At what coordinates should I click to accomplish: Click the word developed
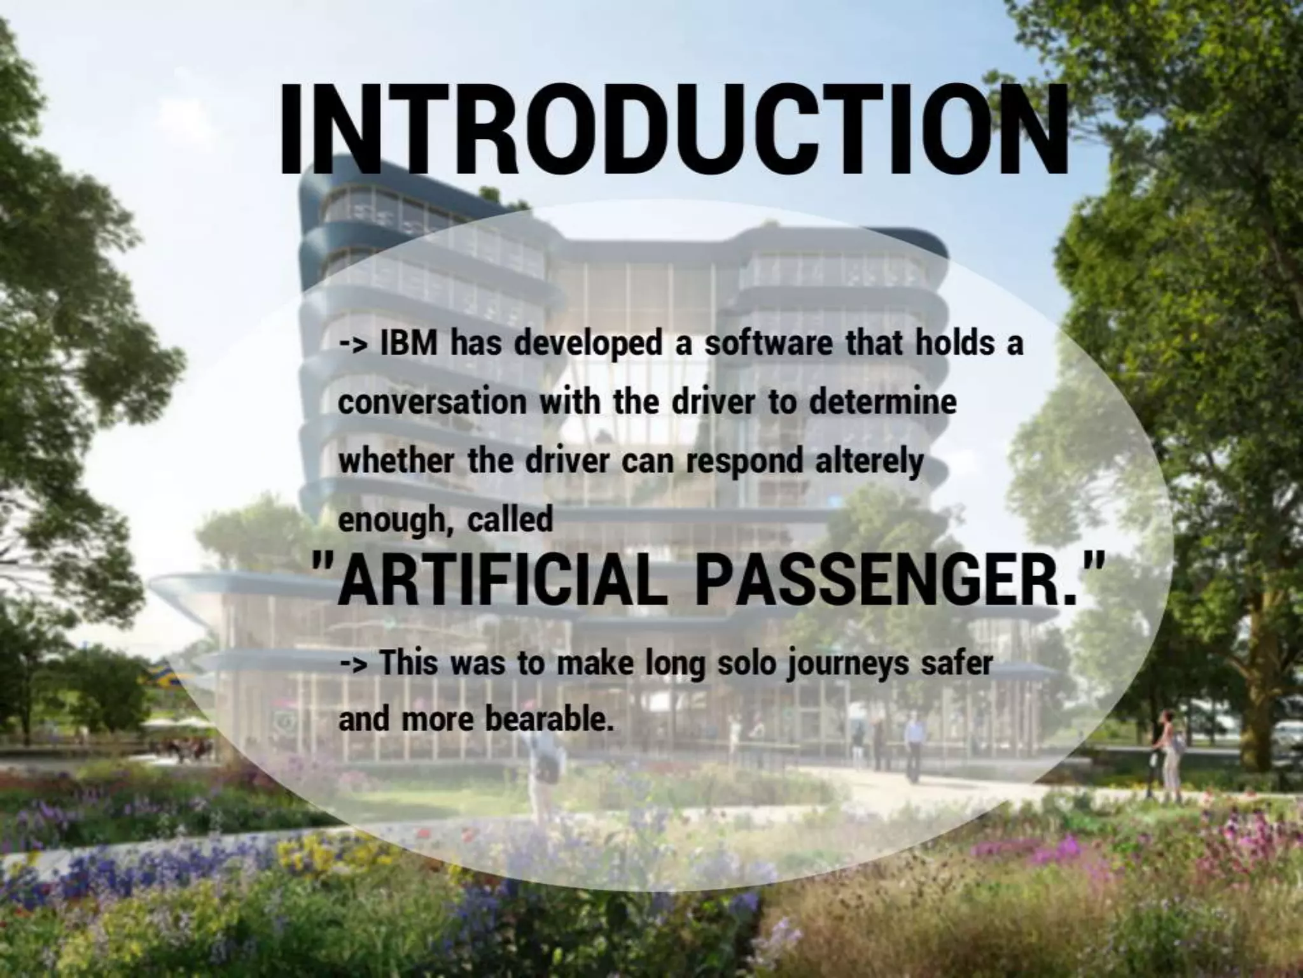point(589,344)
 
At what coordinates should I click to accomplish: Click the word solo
point(748,663)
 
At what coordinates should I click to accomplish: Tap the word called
point(510,520)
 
